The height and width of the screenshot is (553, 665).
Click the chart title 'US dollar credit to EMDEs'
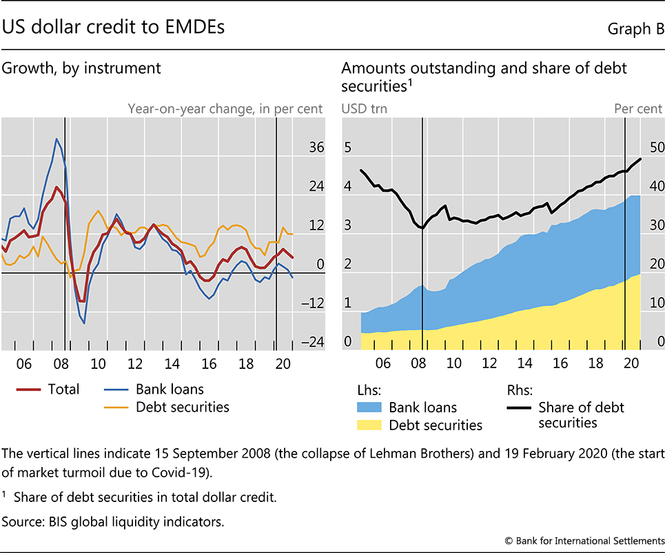click(113, 27)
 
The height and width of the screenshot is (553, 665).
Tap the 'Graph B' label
click(635, 28)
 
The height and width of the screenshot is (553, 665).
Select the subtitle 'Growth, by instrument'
click(82, 68)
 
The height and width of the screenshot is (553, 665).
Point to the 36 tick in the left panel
click(316, 147)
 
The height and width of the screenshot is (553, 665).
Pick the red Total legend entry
click(48, 390)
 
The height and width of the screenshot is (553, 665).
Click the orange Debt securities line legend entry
click(168, 407)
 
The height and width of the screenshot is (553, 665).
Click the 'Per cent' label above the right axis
click(638, 108)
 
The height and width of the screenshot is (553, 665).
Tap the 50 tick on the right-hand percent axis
click(654, 148)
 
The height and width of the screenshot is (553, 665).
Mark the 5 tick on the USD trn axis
click(348, 148)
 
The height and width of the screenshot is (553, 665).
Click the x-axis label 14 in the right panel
click(525, 363)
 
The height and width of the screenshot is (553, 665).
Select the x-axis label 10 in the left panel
click(97, 363)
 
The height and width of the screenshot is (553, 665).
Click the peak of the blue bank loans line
click(57, 139)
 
